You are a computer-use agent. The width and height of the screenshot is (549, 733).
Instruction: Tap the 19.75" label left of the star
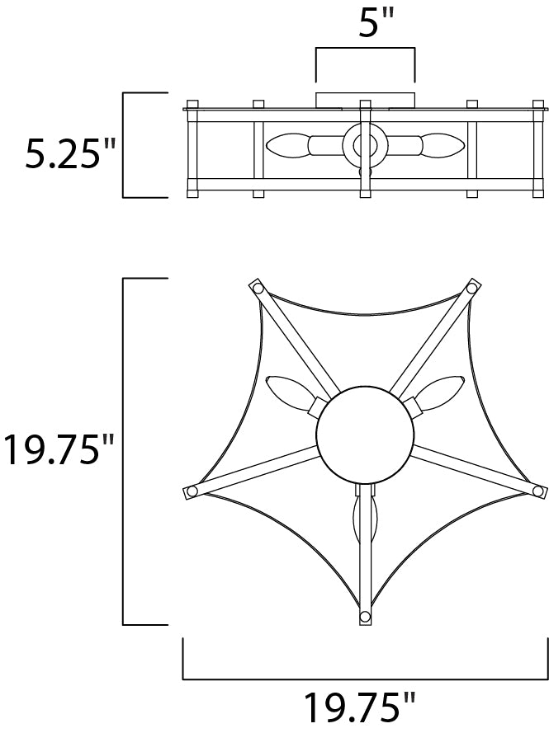[58, 449]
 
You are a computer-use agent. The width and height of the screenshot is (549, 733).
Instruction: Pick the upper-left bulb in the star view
[291, 394]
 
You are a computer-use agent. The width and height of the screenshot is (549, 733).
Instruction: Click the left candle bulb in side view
[287, 145]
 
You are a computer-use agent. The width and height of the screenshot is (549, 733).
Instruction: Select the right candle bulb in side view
[443, 145]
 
